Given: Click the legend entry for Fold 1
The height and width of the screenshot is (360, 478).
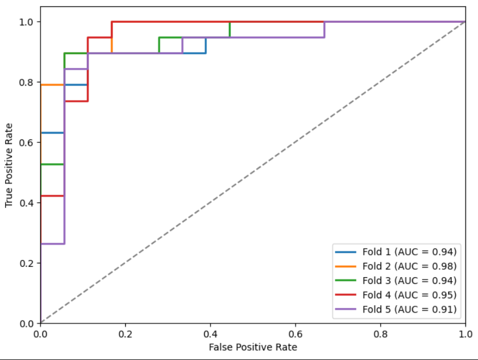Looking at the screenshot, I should [409, 251].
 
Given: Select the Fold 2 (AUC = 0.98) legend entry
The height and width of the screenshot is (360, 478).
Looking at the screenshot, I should [409, 266].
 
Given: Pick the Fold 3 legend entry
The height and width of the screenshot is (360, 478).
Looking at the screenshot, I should [409, 280].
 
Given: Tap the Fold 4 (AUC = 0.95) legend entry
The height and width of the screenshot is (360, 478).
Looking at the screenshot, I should [409, 295].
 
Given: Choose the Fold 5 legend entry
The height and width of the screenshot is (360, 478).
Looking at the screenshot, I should [409, 309].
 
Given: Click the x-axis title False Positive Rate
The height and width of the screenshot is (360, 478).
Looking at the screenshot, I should [253, 347].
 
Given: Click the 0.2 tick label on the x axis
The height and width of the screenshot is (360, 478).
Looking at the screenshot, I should [125, 333].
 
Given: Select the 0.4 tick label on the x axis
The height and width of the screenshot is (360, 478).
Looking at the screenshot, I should [210, 333].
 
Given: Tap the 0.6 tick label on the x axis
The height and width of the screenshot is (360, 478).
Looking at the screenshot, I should [296, 333].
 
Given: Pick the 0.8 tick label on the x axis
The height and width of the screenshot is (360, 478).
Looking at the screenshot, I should [381, 333].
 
